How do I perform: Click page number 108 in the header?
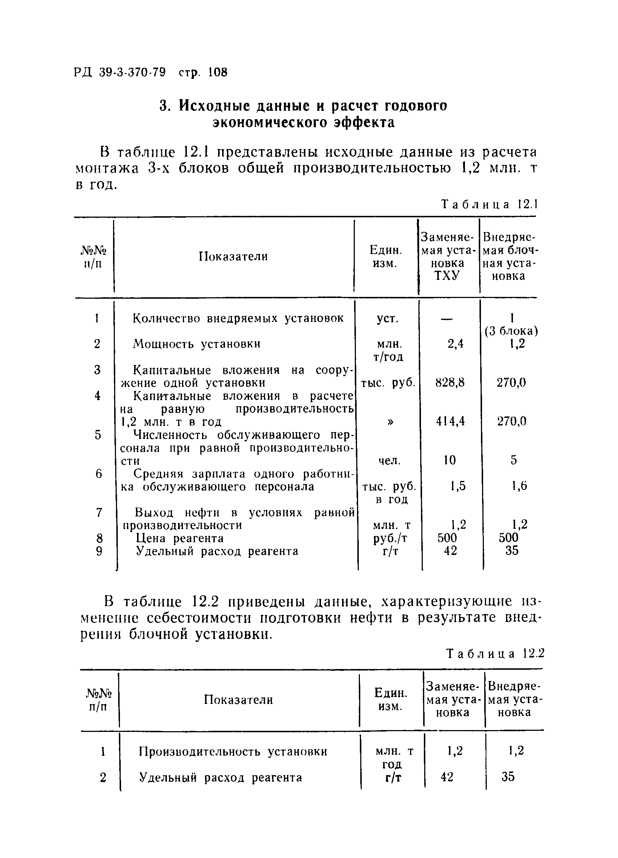(x=218, y=72)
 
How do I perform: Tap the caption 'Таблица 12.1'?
(x=490, y=205)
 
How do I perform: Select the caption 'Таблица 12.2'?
(x=495, y=654)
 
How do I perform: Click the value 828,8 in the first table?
(x=450, y=383)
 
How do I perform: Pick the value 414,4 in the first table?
(x=450, y=421)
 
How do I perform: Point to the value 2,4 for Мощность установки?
(x=456, y=344)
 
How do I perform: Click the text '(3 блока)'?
(x=511, y=331)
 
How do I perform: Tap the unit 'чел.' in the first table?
(x=389, y=460)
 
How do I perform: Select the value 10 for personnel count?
(x=450, y=460)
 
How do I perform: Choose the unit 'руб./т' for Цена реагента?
(x=390, y=538)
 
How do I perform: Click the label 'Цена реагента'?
(x=179, y=538)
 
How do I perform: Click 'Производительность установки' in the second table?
(x=233, y=751)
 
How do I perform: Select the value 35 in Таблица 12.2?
(x=508, y=777)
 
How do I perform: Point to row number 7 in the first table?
(x=99, y=512)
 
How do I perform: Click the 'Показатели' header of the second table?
(x=238, y=700)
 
